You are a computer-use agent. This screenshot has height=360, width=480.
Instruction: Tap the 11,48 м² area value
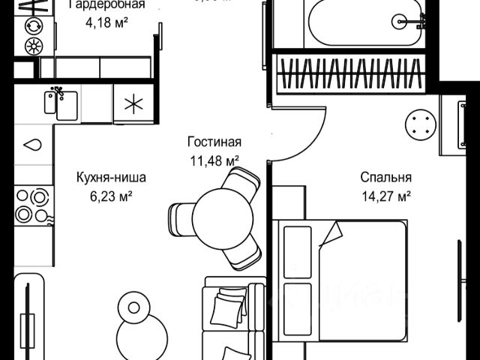coord(214,159)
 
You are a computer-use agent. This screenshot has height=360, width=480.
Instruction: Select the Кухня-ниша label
coord(111,178)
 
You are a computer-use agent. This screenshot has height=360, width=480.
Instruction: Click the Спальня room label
coord(385,178)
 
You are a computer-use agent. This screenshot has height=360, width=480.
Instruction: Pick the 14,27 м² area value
coord(385,196)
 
